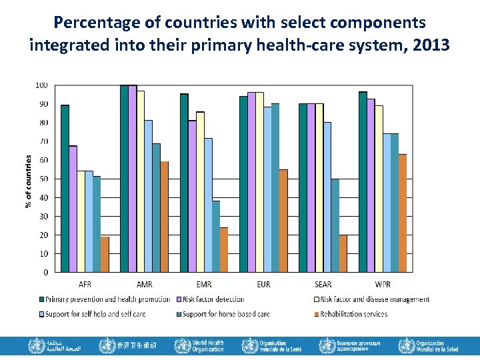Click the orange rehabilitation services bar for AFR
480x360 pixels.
105,254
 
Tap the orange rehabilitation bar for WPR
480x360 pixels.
403,213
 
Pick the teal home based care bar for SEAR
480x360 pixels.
335,225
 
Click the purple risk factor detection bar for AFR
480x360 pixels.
73,209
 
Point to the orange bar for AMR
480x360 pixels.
164,217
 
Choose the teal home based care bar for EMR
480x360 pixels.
216,236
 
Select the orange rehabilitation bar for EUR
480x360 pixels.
283,221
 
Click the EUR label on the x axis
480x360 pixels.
263,285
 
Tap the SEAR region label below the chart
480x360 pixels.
323,285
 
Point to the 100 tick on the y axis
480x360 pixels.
41,85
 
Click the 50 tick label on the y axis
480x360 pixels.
43,179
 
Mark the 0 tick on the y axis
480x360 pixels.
45,272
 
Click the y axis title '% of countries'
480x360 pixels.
28,180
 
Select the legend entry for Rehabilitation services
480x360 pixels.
353,314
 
